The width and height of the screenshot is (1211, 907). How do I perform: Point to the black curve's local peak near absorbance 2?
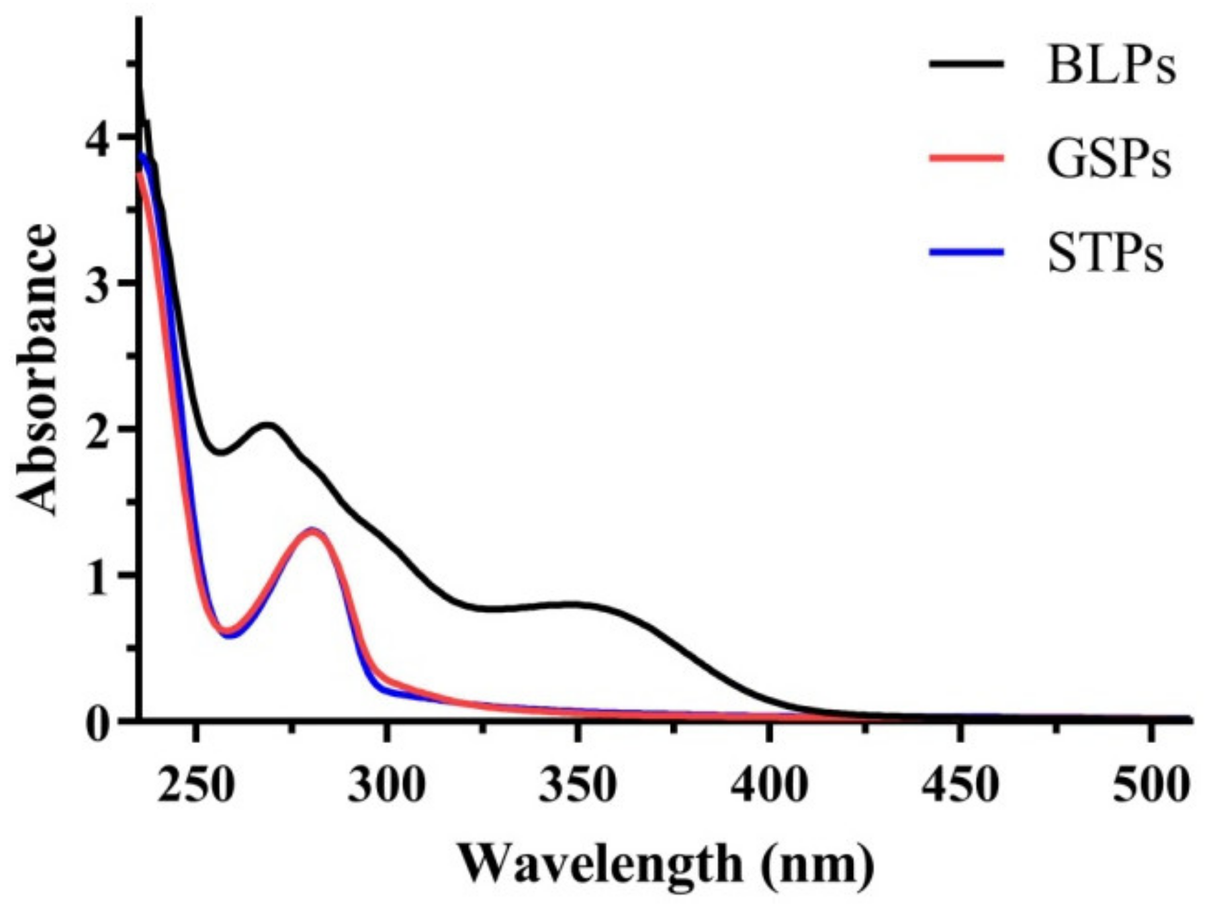click(268, 425)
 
